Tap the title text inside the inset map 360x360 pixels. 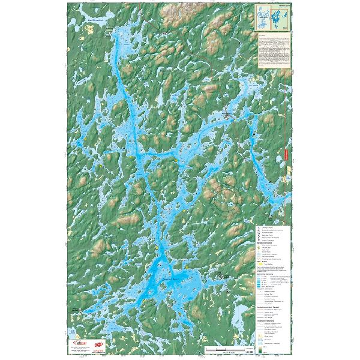(284, 8)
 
